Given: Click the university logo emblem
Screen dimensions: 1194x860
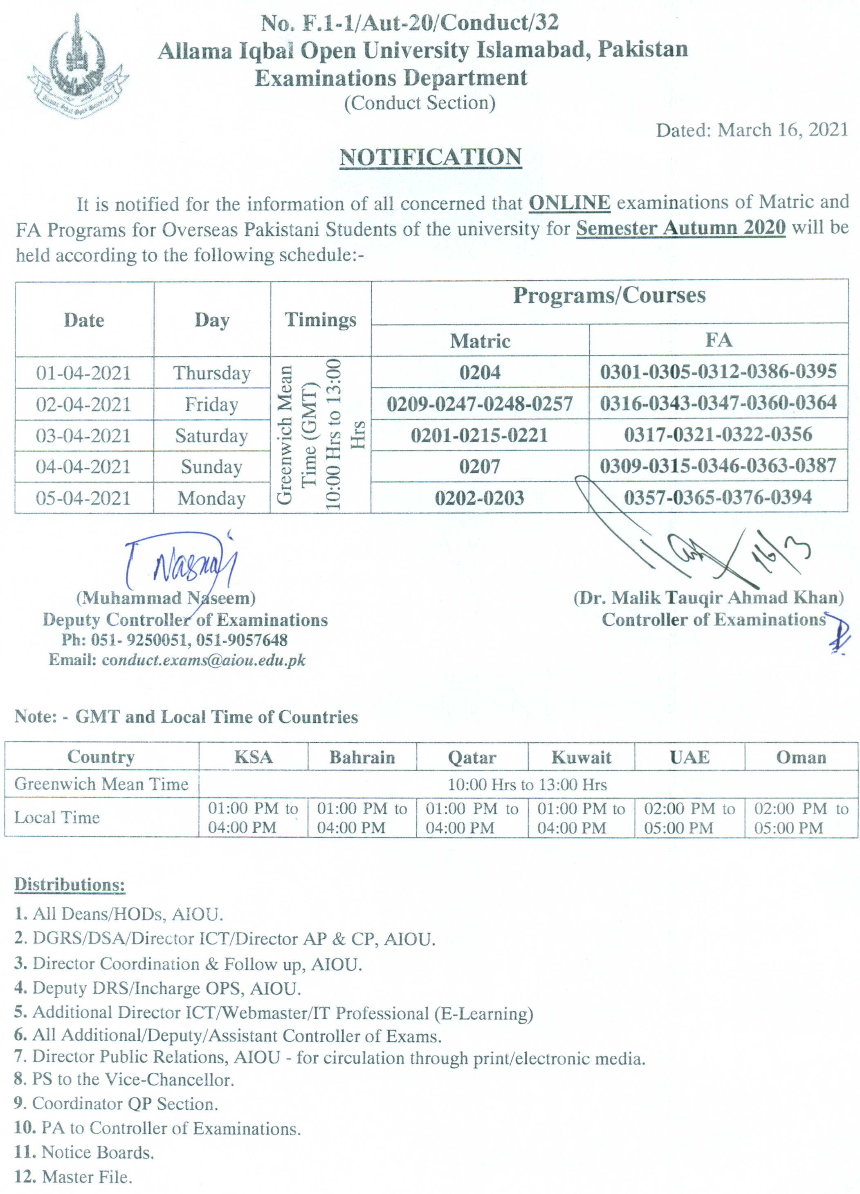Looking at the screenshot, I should (78, 66).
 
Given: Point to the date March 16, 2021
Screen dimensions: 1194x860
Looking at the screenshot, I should (783, 130).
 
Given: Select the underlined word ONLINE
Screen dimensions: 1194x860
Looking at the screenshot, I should (569, 203).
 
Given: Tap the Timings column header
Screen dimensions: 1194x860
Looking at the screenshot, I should (320, 320).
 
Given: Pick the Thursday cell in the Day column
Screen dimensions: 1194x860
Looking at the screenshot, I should (211, 373).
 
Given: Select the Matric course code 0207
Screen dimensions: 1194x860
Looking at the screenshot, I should (480, 466).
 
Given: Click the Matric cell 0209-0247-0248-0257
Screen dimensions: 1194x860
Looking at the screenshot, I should (480, 404).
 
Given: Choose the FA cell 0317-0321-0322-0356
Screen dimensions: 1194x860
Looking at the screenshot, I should (718, 435).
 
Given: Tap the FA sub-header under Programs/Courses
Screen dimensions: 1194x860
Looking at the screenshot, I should (719, 340).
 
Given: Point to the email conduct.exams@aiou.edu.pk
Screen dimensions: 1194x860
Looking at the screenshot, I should (204, 660).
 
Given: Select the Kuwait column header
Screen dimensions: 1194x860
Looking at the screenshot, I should (581, 757).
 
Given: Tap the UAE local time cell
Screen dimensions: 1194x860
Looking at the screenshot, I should (689, 818).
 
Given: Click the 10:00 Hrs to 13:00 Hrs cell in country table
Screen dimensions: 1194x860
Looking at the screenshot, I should (527, 785).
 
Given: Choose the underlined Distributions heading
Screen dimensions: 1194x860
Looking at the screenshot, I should (70, 884).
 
